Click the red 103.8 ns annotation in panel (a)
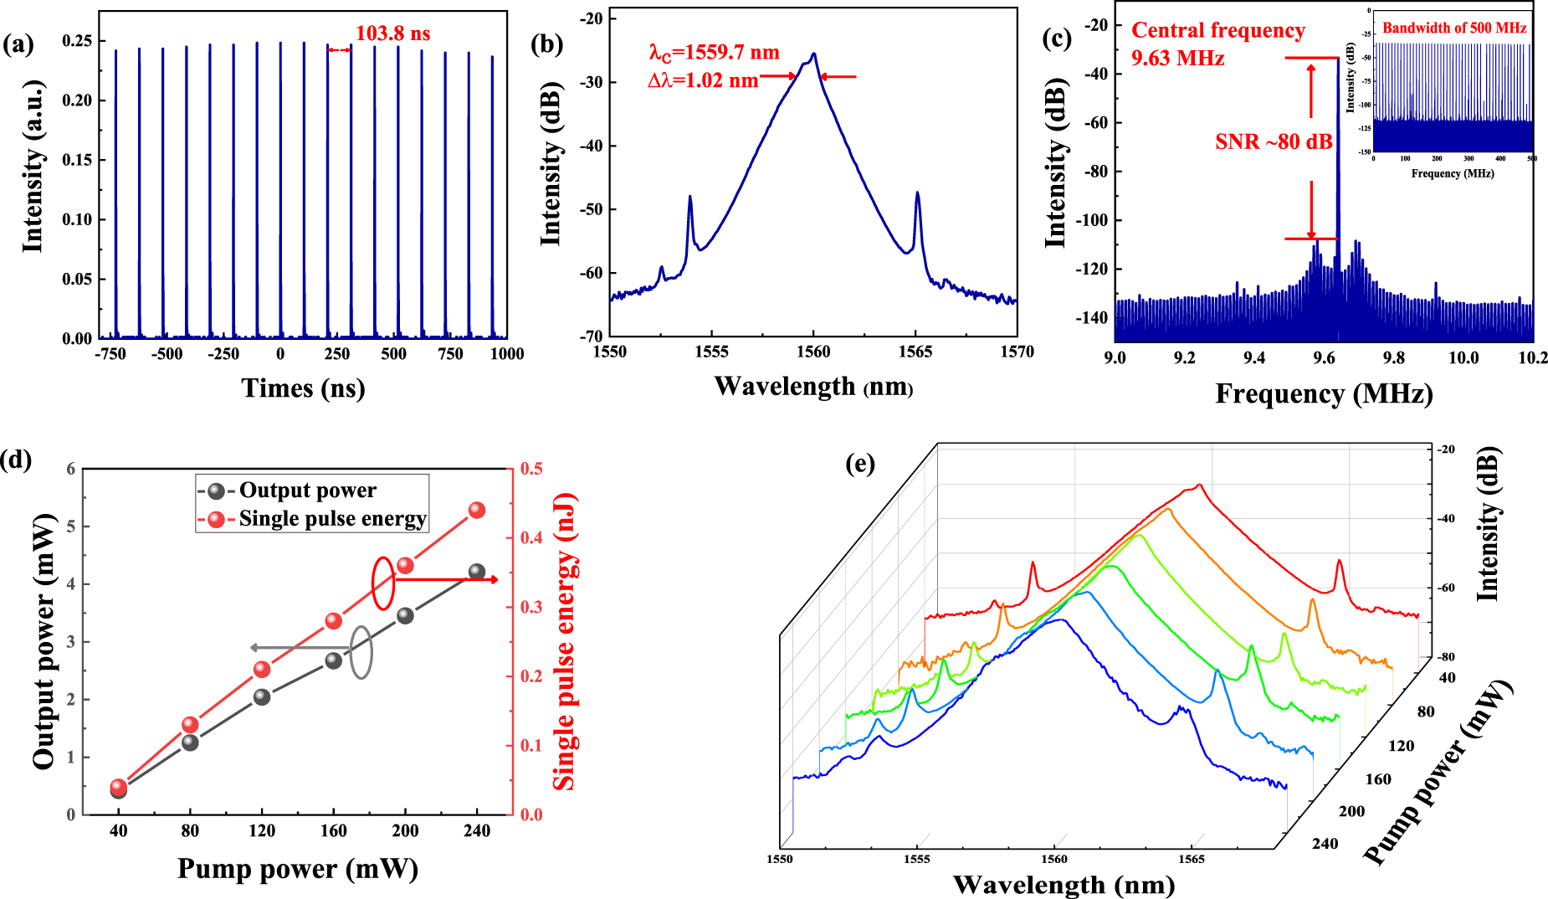pyautogui.click(x=392, y=33)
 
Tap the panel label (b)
pyautogui.click(x=547, y=43)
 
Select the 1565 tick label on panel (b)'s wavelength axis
pyautogui.click(x=915, y=352)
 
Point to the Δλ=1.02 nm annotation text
pyautogui.click(x=703, y=80)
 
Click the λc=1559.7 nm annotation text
pyautogui.click(x=714, y=53)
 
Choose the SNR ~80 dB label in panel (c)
pyautogui.click(x=1274, y=141)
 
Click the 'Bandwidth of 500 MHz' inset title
pyautogui.click(x=1454, y=28)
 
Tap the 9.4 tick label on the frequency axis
pyautogui.click(x=1253, y=358)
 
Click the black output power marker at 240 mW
pyautogui.click(x=477, y=572)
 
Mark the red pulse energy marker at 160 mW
pyautogui.click(x=333, y=620)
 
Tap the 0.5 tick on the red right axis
pyautogui.click(x=531, y=468)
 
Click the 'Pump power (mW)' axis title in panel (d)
pyautogui.click(x=298, y=869)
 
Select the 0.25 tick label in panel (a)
pyautogui.click(x=78, y=41)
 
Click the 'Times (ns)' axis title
pyautogui.click(x=303, y=388)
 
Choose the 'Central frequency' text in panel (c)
pyautogui.click(x=1218, y=30)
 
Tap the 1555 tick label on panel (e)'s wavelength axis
pyautogui.click(x=917, y=859)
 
